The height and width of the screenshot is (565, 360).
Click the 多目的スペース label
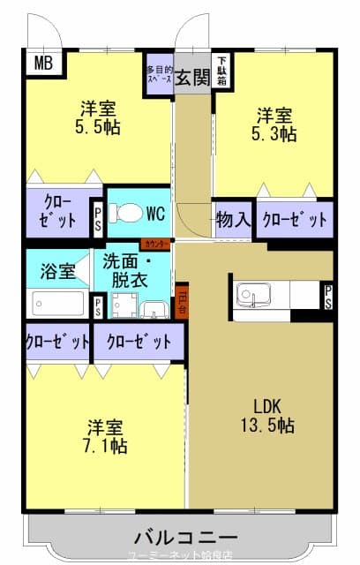pos(159,73)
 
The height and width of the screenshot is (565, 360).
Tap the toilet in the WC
pos(129,214)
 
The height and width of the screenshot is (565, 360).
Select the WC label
pos(156,213)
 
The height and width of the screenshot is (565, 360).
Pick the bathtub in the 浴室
pos(58,304)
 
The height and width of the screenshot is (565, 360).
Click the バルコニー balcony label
pos(185,538)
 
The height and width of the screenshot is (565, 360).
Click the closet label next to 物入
pos(295,220)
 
